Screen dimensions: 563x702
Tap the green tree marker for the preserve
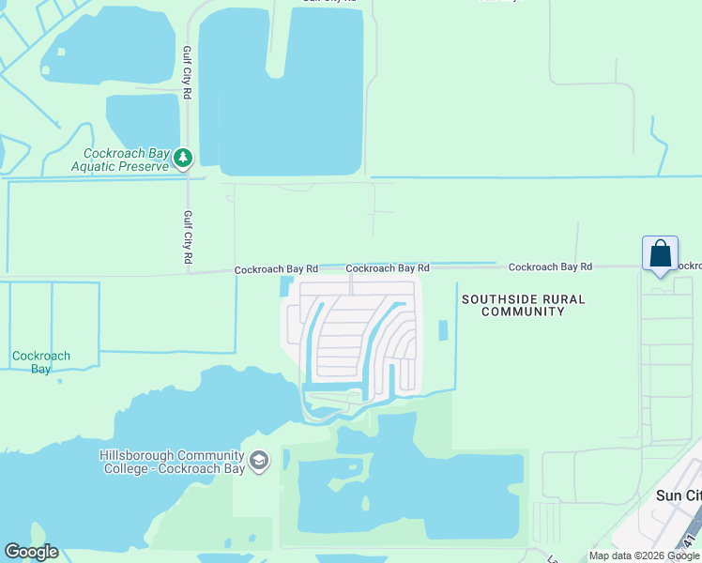tap(184, 159)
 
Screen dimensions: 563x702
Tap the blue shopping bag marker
tap(660, 254)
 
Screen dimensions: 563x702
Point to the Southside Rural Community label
tap(523, 305)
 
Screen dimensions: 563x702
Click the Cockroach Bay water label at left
tap(40, 362)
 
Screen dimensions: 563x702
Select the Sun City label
tap(677, 495)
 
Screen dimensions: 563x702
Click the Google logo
tap(31, 552)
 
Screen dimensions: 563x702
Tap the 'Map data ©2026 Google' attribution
tap(645, 555)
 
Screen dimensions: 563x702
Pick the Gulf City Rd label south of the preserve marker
tap(188, 236)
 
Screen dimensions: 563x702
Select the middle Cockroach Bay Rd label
tap(387, 268)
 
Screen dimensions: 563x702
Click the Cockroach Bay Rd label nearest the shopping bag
tap(550, 267)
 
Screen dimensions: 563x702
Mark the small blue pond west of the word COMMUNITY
tap(443, 331)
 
